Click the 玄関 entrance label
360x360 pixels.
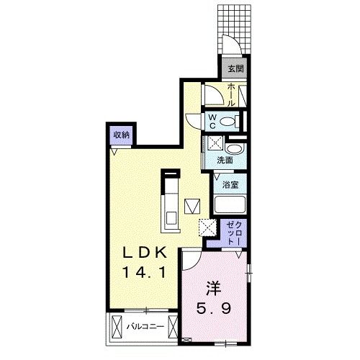236,69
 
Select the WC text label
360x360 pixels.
213,120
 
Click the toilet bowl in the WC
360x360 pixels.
230,121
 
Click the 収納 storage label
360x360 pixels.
121,134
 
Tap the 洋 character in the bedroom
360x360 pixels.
213,287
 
